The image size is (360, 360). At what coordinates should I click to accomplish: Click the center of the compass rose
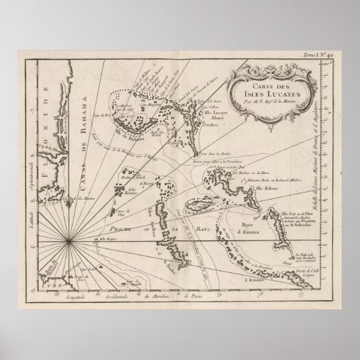[69, 238]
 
